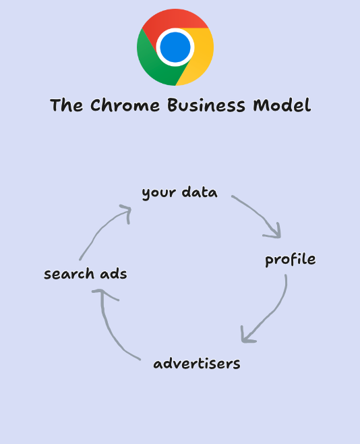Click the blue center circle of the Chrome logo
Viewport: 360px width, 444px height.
[175, 47]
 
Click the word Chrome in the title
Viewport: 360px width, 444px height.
[125, 105]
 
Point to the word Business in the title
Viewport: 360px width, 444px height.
[206, 105]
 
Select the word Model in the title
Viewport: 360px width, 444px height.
[282, 105]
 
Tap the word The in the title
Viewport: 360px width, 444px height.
[67, 105]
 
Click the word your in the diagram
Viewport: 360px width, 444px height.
[159, 194]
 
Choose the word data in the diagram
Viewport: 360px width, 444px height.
[200, 192]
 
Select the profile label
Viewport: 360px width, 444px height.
[290, 259]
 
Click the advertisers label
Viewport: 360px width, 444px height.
[197, 363]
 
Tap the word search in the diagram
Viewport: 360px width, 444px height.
[69, 273]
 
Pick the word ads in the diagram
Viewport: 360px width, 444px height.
[113, 273]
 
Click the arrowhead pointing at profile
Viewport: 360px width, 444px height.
[275, 233]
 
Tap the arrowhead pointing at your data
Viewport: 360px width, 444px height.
[127, 212]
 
